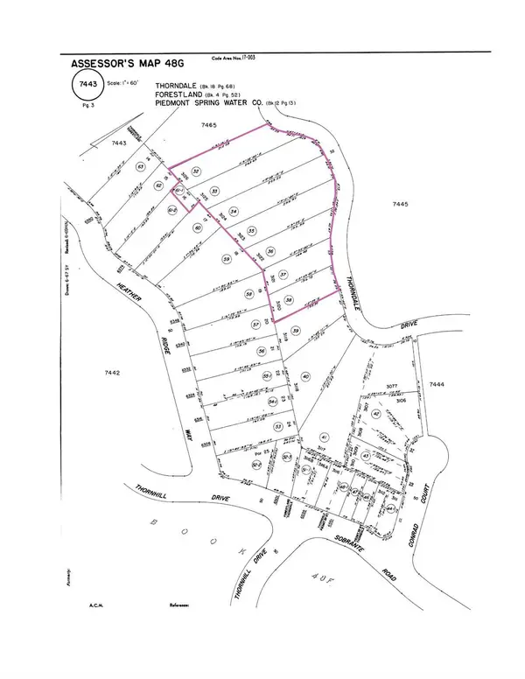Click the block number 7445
(398, 203)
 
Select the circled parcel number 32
(197, 171)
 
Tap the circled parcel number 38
(288, 297)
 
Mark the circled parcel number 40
(305, 375)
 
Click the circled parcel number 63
(140, 166)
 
